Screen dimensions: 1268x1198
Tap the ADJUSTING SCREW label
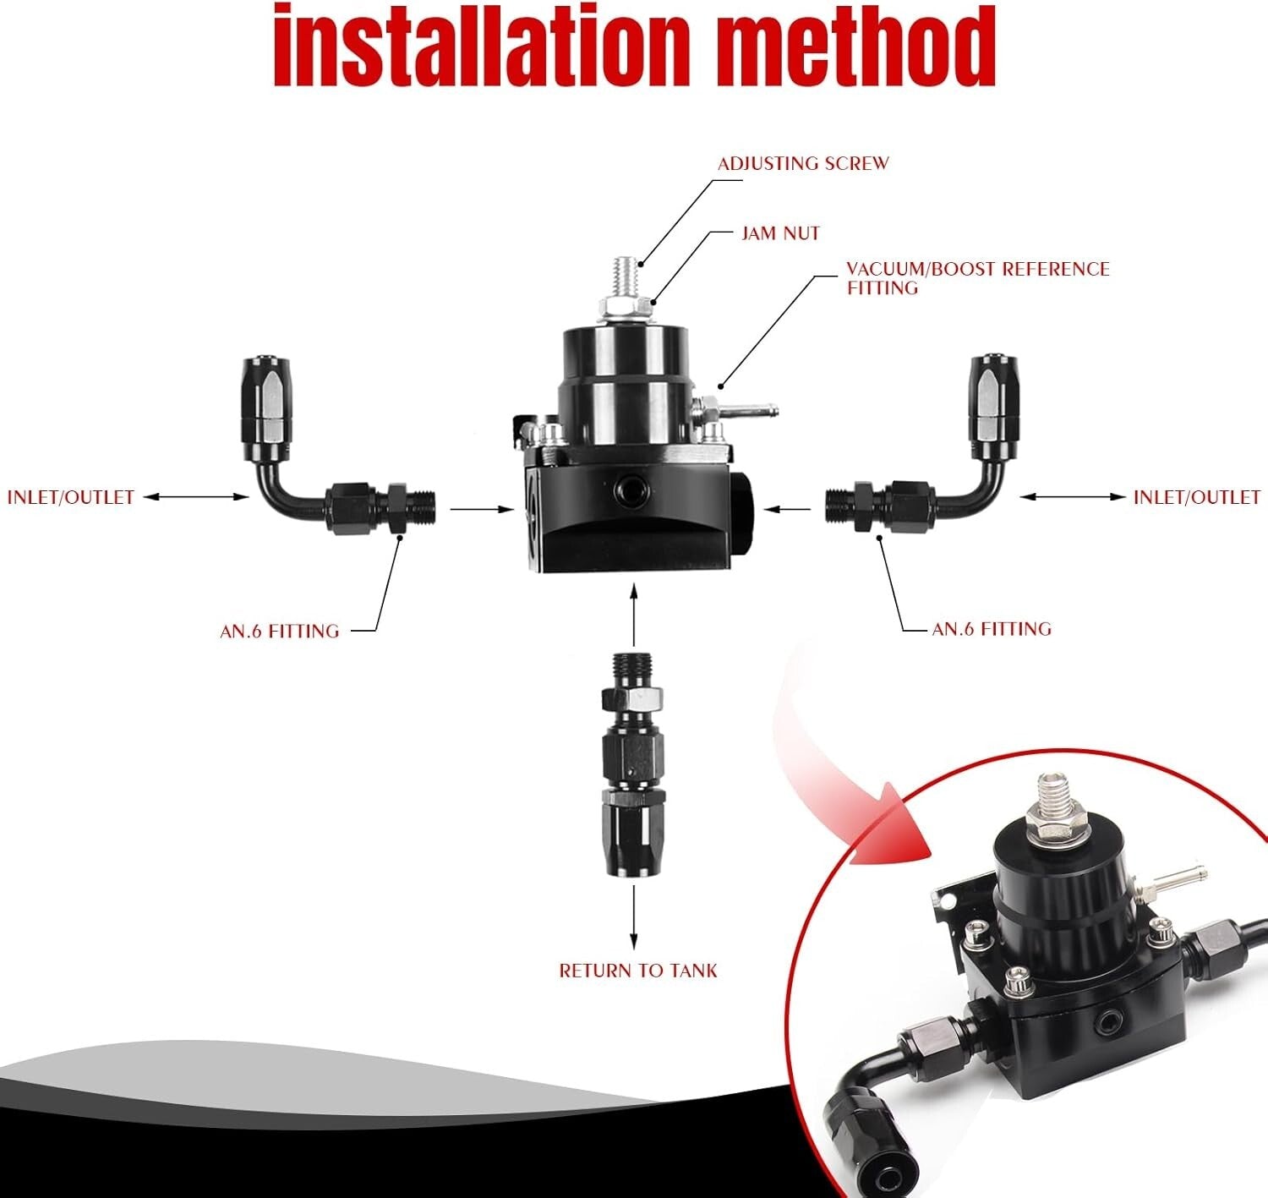(x=803, y=164)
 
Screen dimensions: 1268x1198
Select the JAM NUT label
(x=781, y=233)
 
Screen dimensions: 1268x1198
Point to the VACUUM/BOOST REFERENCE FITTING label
(x=978, y=278)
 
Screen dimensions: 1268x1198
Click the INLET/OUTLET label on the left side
(x=71, y=497)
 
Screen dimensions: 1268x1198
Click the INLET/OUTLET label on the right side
(x=1197, y=497)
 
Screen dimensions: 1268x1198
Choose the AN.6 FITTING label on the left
(x=280, y=632)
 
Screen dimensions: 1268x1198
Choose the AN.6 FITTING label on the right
(x=992, y=630)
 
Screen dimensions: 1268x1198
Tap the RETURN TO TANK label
(x=638, y=971)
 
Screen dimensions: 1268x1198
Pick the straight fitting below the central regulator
(x=632, y=763)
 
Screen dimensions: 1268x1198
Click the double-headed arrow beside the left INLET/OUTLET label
(x=195, y=497)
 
